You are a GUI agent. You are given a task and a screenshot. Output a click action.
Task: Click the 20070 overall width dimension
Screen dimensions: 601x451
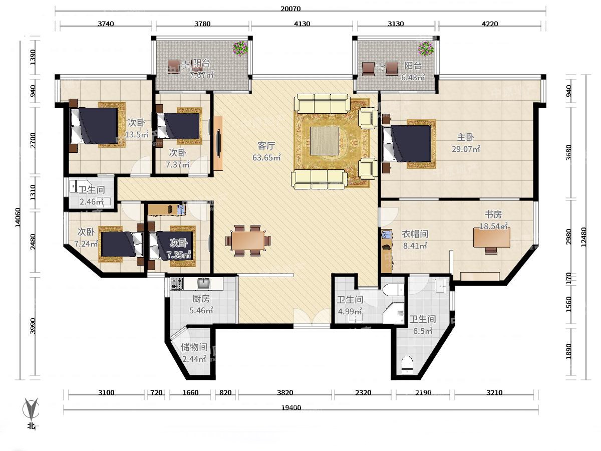pyautogui.click(x=290, y=9)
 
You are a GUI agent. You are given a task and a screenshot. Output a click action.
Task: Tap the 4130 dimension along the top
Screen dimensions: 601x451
pyautogui.click(x=302, y=24)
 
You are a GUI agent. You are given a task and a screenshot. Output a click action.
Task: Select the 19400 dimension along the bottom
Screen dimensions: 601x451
pyautogui.click(x=291, y=408)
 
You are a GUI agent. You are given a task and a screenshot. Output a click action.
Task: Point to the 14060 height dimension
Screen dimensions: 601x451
pyautogui.click(x=18, y=217)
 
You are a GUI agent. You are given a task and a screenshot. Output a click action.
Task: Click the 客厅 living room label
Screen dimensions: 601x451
pyautogui.click(x=266, y=146)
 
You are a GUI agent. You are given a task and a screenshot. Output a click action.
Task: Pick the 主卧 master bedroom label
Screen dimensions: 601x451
pyautogui.click(x=466, y=137)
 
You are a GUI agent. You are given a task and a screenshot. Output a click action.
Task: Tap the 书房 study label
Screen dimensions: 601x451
pyautogui.click(x=493, y=214)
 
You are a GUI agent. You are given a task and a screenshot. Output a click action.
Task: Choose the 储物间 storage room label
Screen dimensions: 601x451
pyautogui.click(x=194, y=347)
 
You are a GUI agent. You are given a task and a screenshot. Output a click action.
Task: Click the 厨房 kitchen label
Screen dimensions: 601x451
pyautogui.click(x=201, y=299)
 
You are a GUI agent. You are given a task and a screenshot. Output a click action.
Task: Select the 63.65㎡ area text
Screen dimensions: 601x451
pyautogui.click(x=266, y=157)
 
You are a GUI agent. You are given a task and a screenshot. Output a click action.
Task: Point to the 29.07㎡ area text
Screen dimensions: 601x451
pyautogui.click(x=466, y=149)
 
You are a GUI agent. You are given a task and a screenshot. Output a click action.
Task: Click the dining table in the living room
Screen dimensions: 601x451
pyautogui.click(x=248, y=241)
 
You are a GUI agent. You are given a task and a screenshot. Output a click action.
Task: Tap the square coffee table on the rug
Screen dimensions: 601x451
pyautogui.click(x=324, y=141)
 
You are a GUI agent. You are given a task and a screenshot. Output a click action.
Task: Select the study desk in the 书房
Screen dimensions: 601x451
pyautogui.click(x=492, y=238)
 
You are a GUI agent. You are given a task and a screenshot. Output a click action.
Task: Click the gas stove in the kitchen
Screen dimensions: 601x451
pyautogui.click(x=176, y=284)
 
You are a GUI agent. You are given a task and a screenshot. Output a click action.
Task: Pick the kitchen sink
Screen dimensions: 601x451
pyautogui.click(x=203, y=284)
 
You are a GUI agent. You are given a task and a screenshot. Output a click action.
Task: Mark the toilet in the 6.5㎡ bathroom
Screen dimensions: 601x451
pyautogui.click(x=407, y=365)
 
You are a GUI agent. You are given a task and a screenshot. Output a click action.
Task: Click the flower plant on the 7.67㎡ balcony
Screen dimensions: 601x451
pyautogui.click(x=240, y=49)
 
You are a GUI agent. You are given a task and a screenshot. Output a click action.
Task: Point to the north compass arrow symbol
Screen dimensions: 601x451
pyautogui.click(x=31, y=409)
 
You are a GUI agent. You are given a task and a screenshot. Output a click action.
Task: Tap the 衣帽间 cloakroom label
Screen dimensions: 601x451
pyautogui.click(x=415, y=234)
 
